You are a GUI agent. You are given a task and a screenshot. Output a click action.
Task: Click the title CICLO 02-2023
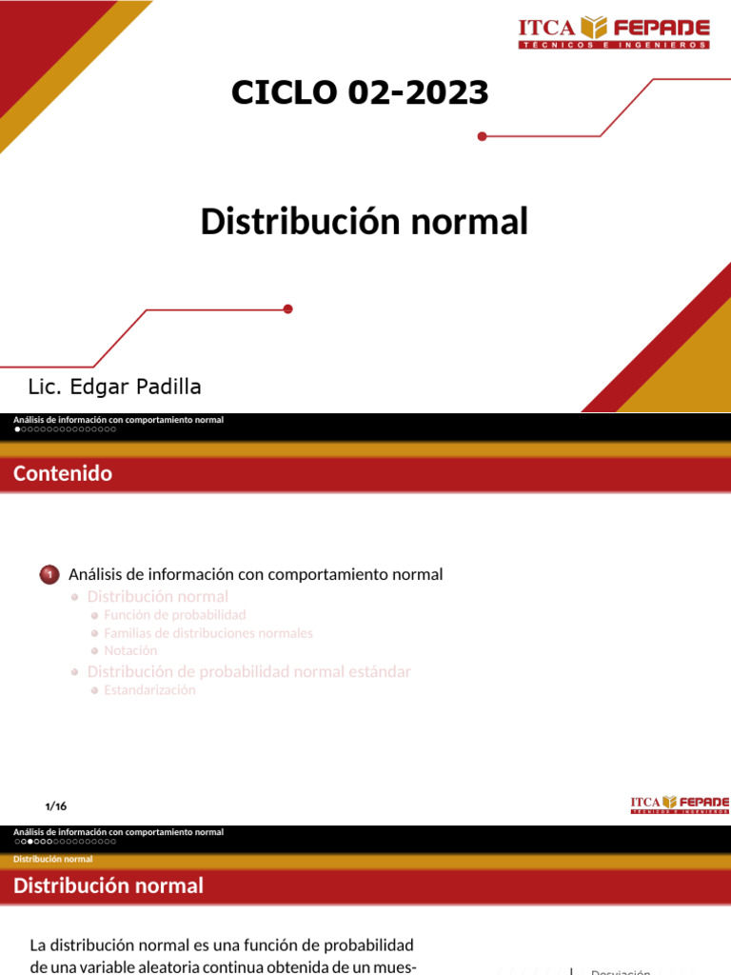(x=360, y=92)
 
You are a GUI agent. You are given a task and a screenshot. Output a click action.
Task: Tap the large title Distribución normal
(x=364, y=222)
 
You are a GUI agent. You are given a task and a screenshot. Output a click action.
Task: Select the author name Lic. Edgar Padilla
(x=114, y=387)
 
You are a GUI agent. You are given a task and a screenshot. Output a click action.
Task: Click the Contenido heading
(x=63, y=473)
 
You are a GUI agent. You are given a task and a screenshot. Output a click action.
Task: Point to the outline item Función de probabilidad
(x=174, y=615)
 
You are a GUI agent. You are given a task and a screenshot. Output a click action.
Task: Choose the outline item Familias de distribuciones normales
(x=207, y=633)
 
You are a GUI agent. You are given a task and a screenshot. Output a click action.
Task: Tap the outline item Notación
(x=130, y=650)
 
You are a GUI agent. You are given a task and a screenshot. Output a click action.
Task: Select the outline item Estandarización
(x=149, y=690)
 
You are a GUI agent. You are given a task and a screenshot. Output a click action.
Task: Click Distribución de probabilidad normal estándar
(x=248, y=671)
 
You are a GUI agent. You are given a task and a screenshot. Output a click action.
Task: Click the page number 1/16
(x=56, y=806)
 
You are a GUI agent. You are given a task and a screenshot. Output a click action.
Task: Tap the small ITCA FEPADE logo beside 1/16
(x=680, y=805)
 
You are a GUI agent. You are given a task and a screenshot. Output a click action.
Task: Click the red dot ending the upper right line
(x=482, y=137)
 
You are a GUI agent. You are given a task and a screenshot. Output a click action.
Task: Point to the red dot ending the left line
(x=288, y=308)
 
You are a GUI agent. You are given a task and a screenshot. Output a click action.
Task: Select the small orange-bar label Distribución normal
(x=53, y=860)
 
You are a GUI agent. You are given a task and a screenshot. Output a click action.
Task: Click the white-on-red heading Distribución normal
(x=109, y=885)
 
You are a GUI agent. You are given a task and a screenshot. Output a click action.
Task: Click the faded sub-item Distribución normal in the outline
(x=157, y=596)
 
